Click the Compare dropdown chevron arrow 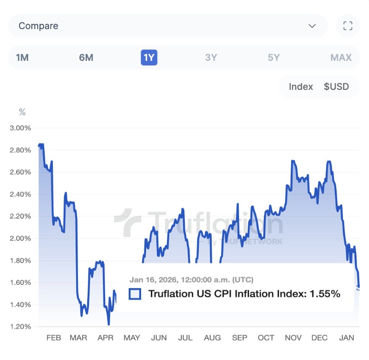312,26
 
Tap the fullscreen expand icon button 348,26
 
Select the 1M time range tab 22,58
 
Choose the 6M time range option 86,58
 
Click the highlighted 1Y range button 149,58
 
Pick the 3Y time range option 211,58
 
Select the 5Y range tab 274,58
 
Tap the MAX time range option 341,58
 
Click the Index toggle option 301,87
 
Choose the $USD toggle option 336,87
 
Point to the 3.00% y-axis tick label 20,128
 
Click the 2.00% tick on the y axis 20,238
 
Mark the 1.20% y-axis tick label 20,327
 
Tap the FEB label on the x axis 54,338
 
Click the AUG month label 212,338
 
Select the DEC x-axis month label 319,338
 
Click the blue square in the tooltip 135,294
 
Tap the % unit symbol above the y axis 22,112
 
